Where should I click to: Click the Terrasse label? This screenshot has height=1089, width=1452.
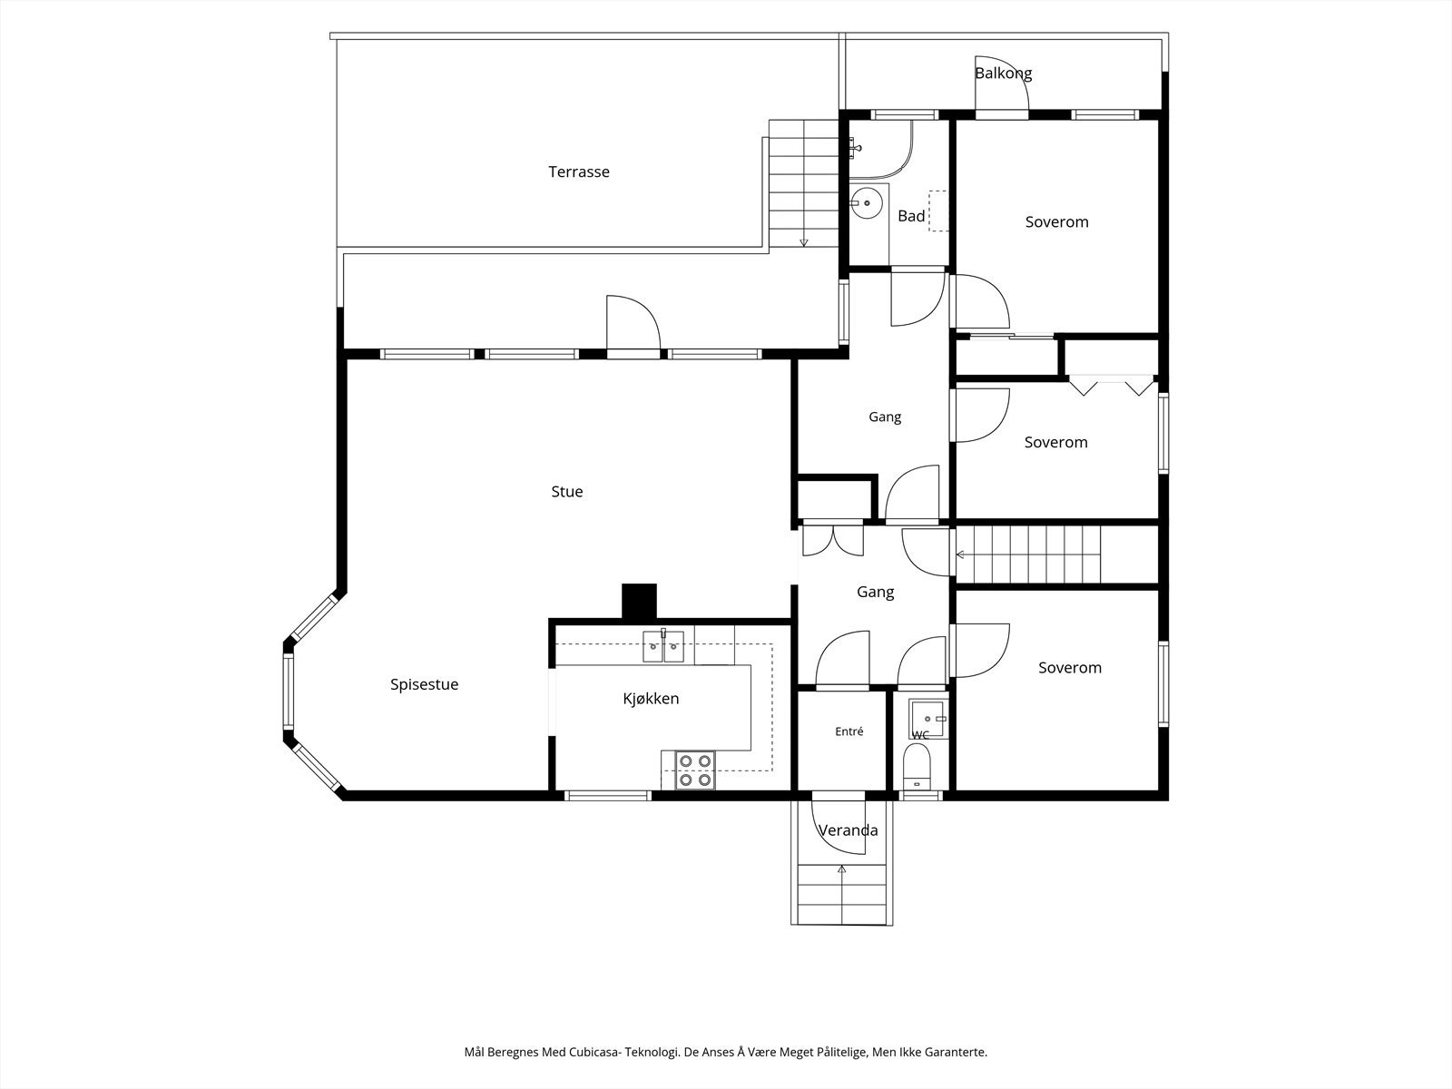[579, 172]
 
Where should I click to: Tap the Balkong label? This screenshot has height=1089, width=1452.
[1004, 74]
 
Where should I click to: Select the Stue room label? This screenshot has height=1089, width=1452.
[567, 491]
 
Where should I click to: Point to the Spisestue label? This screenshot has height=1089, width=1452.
[424, 684]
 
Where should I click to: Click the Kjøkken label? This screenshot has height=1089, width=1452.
[651, 699]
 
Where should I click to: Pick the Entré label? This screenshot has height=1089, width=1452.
[849, 731]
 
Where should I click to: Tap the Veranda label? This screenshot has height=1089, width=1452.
[848, 830]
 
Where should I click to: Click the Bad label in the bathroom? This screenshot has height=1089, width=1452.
[911, 216]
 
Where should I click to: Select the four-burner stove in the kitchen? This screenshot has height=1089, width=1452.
[695, 770]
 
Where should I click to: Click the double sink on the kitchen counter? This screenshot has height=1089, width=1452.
[663, 647]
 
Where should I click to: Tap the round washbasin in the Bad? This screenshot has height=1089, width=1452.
[866, 203]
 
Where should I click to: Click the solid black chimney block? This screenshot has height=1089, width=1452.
[639, 602]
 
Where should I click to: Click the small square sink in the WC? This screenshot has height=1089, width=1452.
[928, 719]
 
